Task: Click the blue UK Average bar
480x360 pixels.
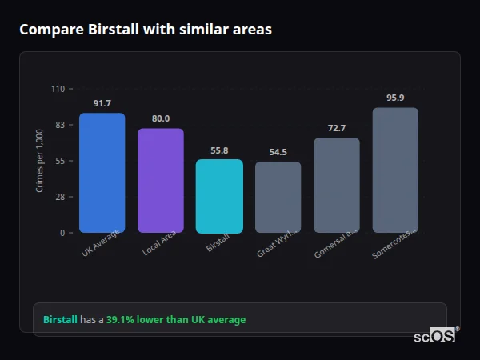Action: pos(102,173)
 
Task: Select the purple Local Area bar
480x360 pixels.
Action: pos(161,181)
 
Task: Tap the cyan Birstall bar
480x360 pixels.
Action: pos(219,196)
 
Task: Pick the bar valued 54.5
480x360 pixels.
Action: pos(278,198)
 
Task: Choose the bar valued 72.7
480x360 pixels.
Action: pos(337,186)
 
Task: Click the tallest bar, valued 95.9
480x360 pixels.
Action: pos(395,170)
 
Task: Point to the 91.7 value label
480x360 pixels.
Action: pos(102,104)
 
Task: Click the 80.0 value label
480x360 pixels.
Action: pos(161,119)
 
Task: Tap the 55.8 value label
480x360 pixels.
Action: pos(219,150)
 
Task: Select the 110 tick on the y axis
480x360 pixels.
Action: pos(58,89)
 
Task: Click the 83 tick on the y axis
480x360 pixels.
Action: pos(59,125)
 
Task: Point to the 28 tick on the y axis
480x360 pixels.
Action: pos(59,197)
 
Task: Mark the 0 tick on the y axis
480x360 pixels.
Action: pos(62,233)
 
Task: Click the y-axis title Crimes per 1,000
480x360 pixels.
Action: pos(39,161)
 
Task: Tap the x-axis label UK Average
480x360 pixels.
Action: pos(101,243)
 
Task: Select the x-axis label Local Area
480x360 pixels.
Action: pos(159,243)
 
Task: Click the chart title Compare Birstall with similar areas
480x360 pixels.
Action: pos(146,30)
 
